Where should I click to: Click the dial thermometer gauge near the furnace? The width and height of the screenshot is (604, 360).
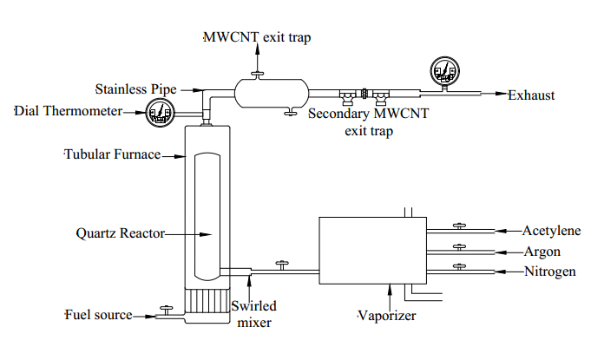(161, 112)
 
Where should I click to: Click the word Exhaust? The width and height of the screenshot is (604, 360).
(531, 95)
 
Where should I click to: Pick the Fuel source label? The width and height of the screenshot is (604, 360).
(98, 314)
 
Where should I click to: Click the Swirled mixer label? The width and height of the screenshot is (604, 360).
(254, 314)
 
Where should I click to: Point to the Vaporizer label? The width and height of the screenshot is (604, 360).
(387, 316)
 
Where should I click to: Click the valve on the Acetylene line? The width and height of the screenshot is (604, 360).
(458, 227)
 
